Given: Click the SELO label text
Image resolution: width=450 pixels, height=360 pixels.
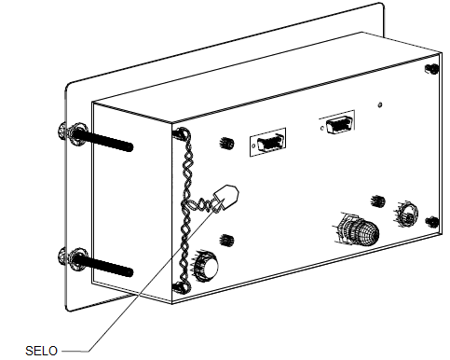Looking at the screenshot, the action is (x=41, y=351).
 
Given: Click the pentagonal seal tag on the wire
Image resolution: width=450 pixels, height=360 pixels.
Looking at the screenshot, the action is (x=226, y=197).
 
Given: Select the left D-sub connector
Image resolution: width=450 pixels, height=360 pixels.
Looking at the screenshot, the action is (x=267, y=142).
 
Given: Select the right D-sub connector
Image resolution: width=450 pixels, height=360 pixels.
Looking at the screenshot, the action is (x=337, y=123).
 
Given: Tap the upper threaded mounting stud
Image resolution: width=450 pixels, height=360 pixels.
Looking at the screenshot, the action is (x=102, y=141).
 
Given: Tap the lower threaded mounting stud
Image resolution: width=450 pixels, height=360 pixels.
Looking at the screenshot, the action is (x=102, y=266).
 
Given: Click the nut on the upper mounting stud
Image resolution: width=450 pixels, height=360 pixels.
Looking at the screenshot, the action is (x=77, y=134).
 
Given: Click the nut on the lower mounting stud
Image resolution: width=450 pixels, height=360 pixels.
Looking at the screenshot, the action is (x=77, y=259).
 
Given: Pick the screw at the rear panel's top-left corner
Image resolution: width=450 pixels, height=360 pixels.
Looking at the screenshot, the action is (x=179, y=132).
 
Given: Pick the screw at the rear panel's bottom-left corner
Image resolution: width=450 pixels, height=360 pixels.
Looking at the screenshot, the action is (x=179, y=287).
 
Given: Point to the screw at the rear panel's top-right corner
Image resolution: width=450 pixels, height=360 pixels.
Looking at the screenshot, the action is (x=431, y=69).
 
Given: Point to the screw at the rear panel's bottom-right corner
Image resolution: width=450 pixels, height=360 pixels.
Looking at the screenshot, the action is (x=432, y=222).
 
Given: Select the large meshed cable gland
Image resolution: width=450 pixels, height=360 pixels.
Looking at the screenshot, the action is (x=358, y=229).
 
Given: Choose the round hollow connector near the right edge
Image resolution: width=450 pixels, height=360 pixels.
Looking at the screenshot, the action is (x=406, y=215).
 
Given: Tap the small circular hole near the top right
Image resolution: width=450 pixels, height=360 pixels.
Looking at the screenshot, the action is (x=379, y=104).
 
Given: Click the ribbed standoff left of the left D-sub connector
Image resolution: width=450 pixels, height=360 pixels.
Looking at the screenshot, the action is (x=226, y=144).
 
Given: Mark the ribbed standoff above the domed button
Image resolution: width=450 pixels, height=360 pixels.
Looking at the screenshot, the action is (x=226, y=241).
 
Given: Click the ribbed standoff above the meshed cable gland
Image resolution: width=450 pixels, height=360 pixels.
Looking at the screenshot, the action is (x=378, y=201).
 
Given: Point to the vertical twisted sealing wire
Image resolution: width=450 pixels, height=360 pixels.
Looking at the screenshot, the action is (x=185, y=208).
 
